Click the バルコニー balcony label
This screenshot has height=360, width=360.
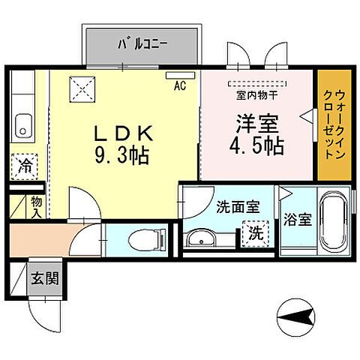click(142, 43)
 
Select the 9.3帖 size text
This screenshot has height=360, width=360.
click(122, 157)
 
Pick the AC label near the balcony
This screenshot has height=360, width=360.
click(179, 85)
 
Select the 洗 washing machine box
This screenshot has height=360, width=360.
click(256, 233)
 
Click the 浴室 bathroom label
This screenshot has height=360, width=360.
click(297, 220)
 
